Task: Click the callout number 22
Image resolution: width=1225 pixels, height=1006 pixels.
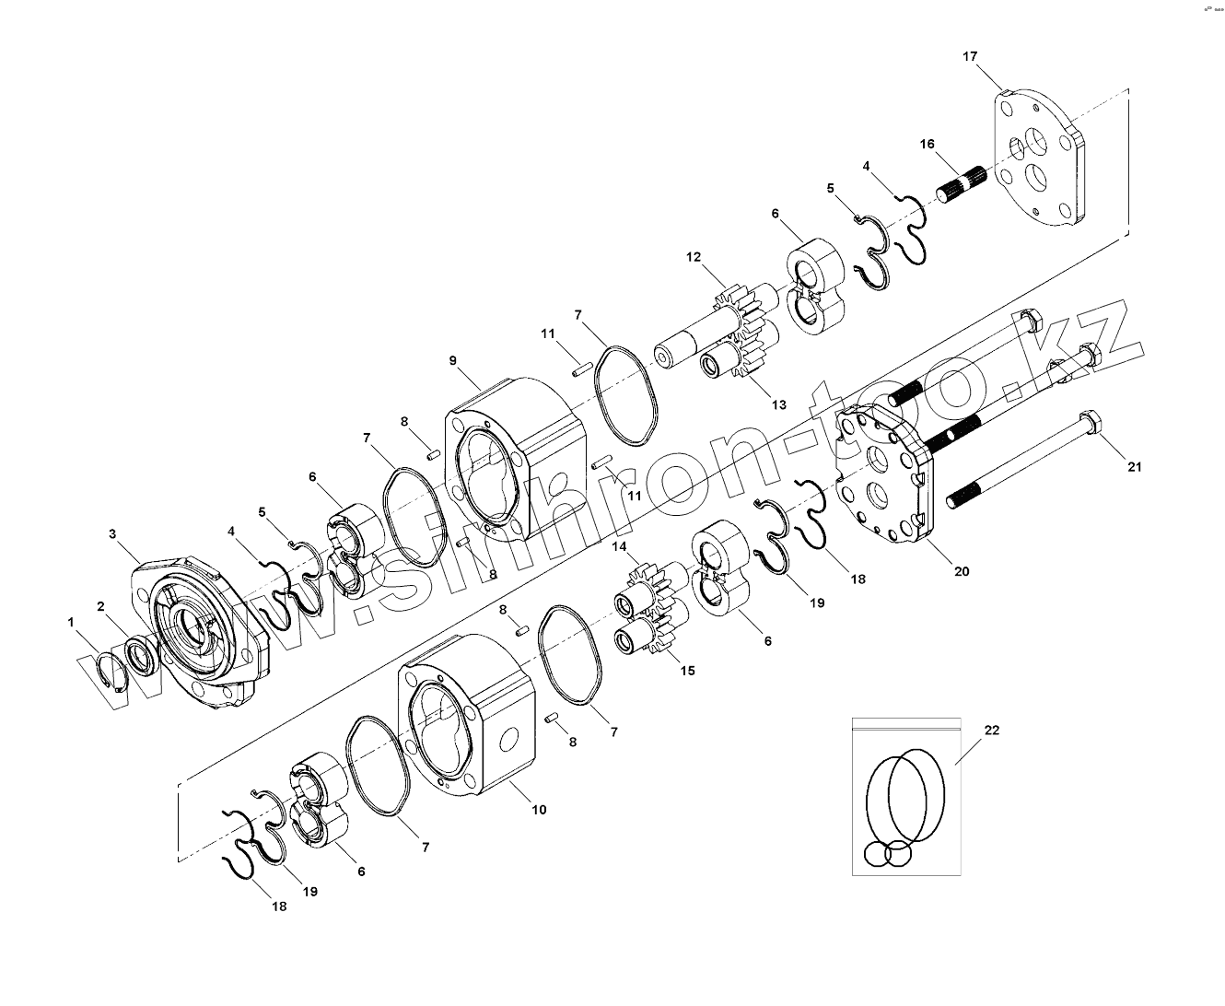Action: tap(991, 730)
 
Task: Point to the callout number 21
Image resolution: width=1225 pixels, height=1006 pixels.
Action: tap(1135, 467)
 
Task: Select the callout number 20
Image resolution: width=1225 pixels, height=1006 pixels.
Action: tap(962, 571)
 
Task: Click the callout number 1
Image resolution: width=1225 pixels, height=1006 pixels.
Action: tap(71, 623)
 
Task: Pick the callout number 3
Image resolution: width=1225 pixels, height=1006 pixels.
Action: tap(112, 533)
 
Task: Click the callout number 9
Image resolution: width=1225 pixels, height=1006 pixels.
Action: tap(453, 360)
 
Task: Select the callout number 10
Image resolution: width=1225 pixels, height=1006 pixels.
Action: tap(539, 810)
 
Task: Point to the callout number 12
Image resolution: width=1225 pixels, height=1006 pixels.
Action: tap(693, 256)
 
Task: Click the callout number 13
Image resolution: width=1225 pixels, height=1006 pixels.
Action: tap(779, 404)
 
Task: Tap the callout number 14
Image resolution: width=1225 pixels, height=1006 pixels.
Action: tap(620, 546)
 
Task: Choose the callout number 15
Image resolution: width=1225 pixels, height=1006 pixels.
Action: tap(687, 671)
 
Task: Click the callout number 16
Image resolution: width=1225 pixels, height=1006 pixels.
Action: tap(927, 144)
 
